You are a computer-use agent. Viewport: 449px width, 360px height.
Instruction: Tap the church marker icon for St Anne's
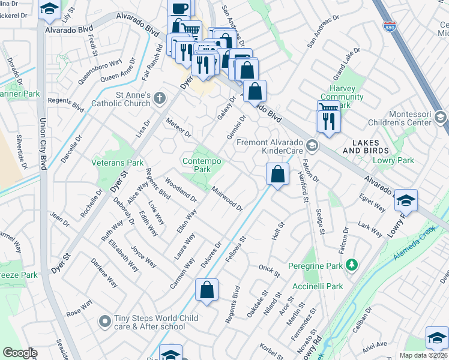point(159,98)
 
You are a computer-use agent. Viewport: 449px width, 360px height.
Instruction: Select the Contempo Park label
point(202,165)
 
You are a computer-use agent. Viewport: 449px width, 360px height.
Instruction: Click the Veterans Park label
point(117,163)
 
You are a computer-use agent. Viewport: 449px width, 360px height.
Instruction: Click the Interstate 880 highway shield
point(391,26)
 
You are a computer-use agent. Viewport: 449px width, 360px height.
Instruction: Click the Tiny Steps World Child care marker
point(105,322)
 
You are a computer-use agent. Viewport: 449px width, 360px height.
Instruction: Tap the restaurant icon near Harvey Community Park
point(329,121)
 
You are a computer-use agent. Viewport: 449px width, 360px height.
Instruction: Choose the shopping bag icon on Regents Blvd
point(206,290)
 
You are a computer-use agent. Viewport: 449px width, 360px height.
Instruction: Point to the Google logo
point(20,353)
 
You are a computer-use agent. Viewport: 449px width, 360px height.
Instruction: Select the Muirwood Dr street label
point(226,199)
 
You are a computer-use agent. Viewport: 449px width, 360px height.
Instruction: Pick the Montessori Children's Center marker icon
point(442,116)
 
